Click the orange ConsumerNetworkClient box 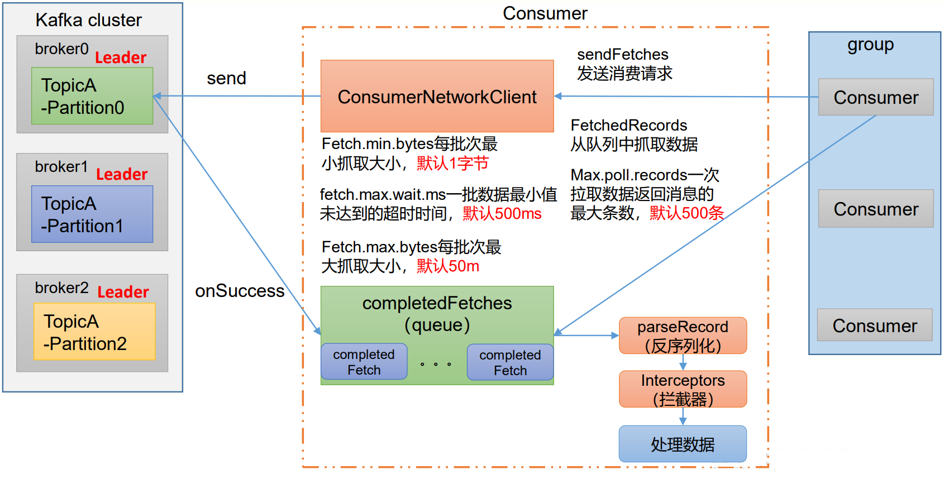tap(437, 96)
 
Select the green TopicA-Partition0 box tap(92, 96)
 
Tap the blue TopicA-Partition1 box tap(92, 214)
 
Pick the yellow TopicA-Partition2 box tap(94, 332)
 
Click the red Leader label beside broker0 tap(121, 58)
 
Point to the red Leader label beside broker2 tap(123, 292)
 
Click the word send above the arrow tap(226, 78)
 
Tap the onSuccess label tap(240, 291)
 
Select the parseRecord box tap(683, 336)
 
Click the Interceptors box tap(683, 389)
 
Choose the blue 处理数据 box tap(683, 444)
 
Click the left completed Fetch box tap(364, 362)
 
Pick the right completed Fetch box tap(510, 362)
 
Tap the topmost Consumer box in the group tap(875, 97)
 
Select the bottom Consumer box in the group tap(875, 325)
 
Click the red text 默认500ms tap(502, 213)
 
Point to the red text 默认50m tap(447, 266)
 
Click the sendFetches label tap(622, 54)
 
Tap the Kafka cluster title tap(88, 20)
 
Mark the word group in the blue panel tap(870, 45)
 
